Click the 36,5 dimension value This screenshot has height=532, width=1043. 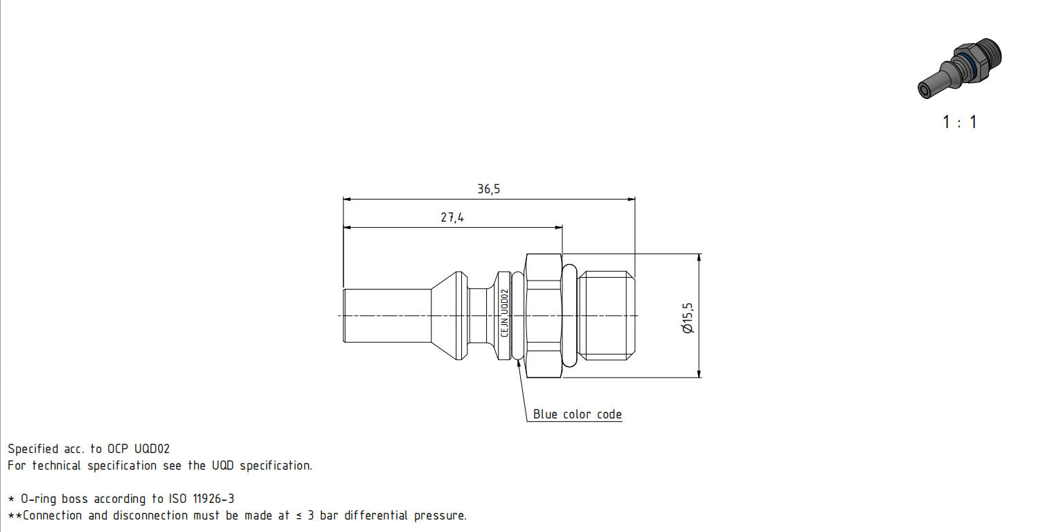click(488, 188)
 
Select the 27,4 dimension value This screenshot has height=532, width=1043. click(452, 217)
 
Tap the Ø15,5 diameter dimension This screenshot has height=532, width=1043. click(688, 318)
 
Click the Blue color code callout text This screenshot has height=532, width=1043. click(578, 414)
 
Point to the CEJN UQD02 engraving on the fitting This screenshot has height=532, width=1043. click(504, 312)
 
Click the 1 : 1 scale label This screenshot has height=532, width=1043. click(960, 122)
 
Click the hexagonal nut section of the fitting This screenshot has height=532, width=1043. click(544, 316)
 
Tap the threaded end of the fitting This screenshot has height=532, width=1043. click(606, 316)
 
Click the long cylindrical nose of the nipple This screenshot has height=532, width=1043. click(387, 316)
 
